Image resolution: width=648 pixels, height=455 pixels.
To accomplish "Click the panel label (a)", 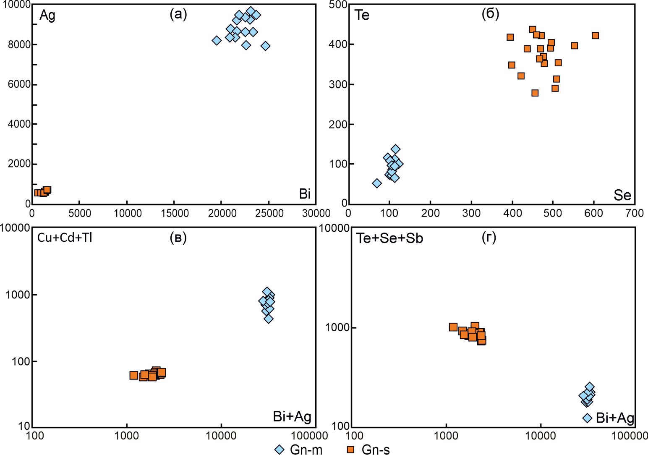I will pyautogui.click(x=178, y=14).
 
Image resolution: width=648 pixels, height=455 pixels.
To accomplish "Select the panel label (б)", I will pyautogui.click(x=490, y=14).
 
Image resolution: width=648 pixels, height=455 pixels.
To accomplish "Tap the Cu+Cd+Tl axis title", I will pyautogui.click(x=65, y=238).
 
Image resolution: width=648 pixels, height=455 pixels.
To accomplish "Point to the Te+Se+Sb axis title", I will pyautogui.click(x=389, y=238).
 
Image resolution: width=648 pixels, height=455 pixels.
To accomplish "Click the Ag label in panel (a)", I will pyautogui.click(x=47, y=16).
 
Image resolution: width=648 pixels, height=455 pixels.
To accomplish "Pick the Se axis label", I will pyautogui.click(x=622, y=195).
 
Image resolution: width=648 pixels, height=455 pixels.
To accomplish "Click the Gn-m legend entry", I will pyautogui.click(x=299, y=450).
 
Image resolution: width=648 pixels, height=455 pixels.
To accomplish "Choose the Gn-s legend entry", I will pyautogui.click(x=369, y=450).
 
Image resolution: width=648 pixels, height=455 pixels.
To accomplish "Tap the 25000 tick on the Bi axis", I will pyautogui.click(x=269, y=213).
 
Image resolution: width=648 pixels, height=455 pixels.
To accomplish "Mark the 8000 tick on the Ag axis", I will pyautogui.click(x=19, y=44).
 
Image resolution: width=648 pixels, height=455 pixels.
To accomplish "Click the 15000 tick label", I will pyautogui.click(x=175, y=213).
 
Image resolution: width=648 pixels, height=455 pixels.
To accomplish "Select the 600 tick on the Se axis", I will pyautogui.click(x=594, y=213).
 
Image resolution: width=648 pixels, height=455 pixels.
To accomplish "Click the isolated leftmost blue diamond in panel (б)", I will pyautogui.click(x=377, y=183).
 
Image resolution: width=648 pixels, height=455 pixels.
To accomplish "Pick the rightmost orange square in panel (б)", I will pyautogui.click(x=595, y=36).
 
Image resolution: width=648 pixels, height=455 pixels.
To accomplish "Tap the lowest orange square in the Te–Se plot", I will pyautogui.click(x=535, y=93).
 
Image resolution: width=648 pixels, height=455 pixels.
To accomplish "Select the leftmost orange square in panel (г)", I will pyautogui.click(x=453, y=327).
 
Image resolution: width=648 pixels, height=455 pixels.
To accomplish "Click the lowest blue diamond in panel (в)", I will pyautogui.click(x=269, y=319).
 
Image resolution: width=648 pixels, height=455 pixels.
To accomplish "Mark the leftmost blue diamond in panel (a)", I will pyautogui.click(x=217, y=41).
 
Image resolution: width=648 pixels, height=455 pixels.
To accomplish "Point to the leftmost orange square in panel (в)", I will pyautogui.click(x=134, y=375).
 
